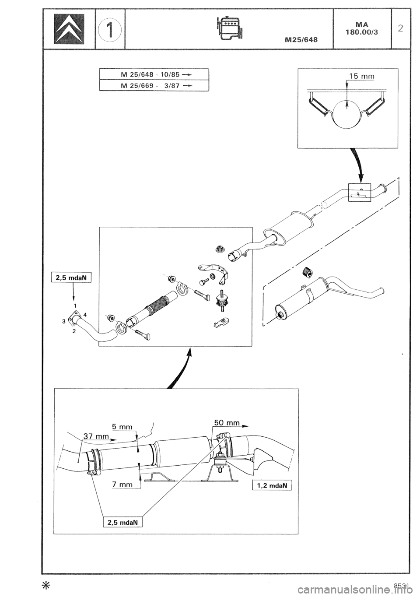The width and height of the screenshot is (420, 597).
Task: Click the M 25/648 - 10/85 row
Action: point(154,74)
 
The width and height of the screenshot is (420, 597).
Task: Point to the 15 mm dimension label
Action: point(363,77)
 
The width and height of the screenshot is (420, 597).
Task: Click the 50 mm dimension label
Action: point(227,423)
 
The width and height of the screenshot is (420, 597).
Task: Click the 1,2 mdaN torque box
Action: point(271,485)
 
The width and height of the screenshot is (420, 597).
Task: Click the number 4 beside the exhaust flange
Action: point(85,314)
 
